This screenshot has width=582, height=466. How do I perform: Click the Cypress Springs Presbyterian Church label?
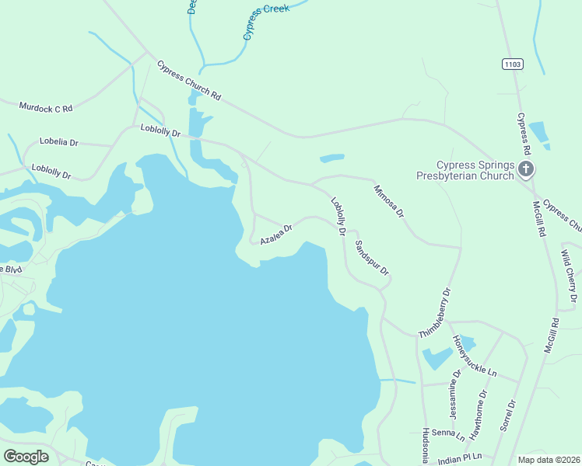click(x=475, y=170)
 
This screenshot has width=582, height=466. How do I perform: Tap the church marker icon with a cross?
click(x=526, y=169)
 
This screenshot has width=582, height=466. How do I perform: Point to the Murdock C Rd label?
click(x=46, y=108)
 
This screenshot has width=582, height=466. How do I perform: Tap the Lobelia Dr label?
click(x=59, y=143)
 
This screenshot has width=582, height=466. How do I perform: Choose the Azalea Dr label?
click(x=276, y=235)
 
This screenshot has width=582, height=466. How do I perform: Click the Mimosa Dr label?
click(x=389, y=201)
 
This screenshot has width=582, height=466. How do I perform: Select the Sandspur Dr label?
click(x=372, y=261)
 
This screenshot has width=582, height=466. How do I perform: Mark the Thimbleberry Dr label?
click(x=435, y=314)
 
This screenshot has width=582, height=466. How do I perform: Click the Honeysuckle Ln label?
click(x=475, y=356)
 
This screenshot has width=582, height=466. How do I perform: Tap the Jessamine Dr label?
click(x=455, y=393)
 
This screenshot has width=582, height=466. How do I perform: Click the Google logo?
click(x=26, y=456)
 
